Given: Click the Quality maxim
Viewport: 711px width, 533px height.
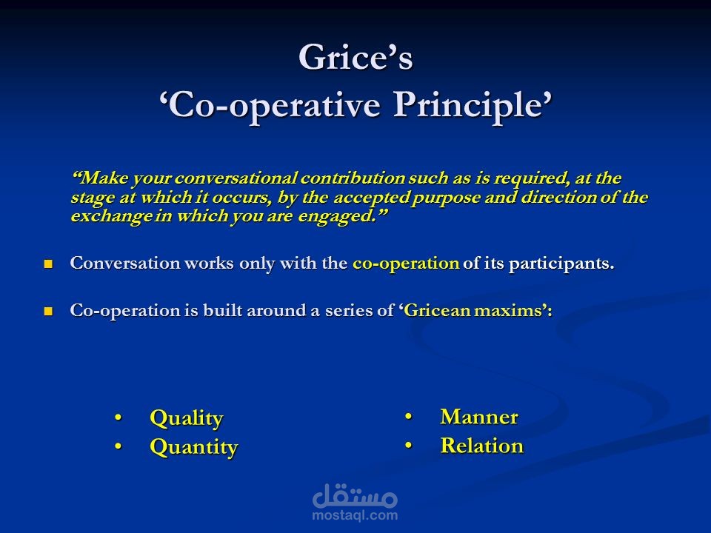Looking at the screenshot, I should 186,418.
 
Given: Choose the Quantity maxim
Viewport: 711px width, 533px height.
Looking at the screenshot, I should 193,447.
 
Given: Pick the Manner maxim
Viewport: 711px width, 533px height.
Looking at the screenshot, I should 478,417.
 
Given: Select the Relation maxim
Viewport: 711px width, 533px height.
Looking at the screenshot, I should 481,446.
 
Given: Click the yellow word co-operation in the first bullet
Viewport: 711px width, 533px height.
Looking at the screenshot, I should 406,264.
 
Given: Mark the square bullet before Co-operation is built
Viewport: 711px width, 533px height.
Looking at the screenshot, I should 49,312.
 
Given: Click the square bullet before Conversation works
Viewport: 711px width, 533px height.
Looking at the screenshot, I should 49,264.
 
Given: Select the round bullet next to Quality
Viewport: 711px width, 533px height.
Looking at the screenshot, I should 118,419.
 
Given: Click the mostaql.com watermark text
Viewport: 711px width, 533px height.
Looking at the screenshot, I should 355,515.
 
